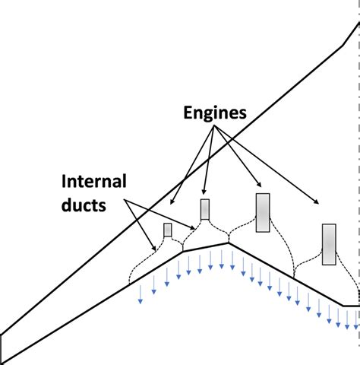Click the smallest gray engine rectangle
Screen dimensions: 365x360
click(167, 230)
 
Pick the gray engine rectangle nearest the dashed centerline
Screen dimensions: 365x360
click(329, 244)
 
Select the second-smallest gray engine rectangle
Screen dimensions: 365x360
click(204, 209)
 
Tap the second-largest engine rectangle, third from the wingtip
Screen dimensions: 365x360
click(263, 212)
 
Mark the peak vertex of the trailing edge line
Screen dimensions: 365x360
click(229, 243)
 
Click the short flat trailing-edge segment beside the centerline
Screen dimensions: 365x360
click(350, 306)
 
